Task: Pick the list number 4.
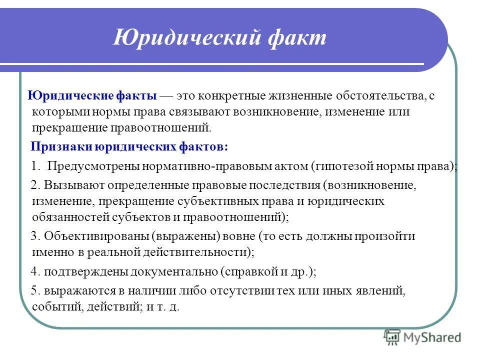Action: click(34, 272)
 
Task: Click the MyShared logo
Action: click(422, 338)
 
